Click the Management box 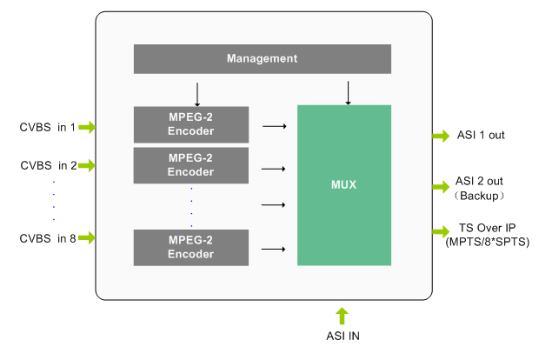(x=262, y=59)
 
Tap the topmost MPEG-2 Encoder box (x=190, y=124)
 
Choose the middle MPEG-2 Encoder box (x=190, y=165)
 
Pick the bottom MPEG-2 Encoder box (x=190, y=248)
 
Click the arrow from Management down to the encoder (x=197, y=94)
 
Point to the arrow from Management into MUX (x=348, y=93)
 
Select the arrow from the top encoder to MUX (x=275, y=126)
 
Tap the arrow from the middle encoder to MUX (x=274, y=169)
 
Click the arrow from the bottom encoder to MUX (x=274, y=250)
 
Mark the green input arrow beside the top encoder (x=87, y=128)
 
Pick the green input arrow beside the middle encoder (x=87, y=165)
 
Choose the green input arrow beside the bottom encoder (x=87, y=237)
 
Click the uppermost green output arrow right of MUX (x=441, y=136)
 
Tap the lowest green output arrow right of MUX (x=441, y=231)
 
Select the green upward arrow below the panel (x=342, y=316)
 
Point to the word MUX (x=343, y=185)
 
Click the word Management (x=262, y=59)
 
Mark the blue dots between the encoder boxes (x=191, y=207)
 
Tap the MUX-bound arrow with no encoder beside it (x=274, y=205)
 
